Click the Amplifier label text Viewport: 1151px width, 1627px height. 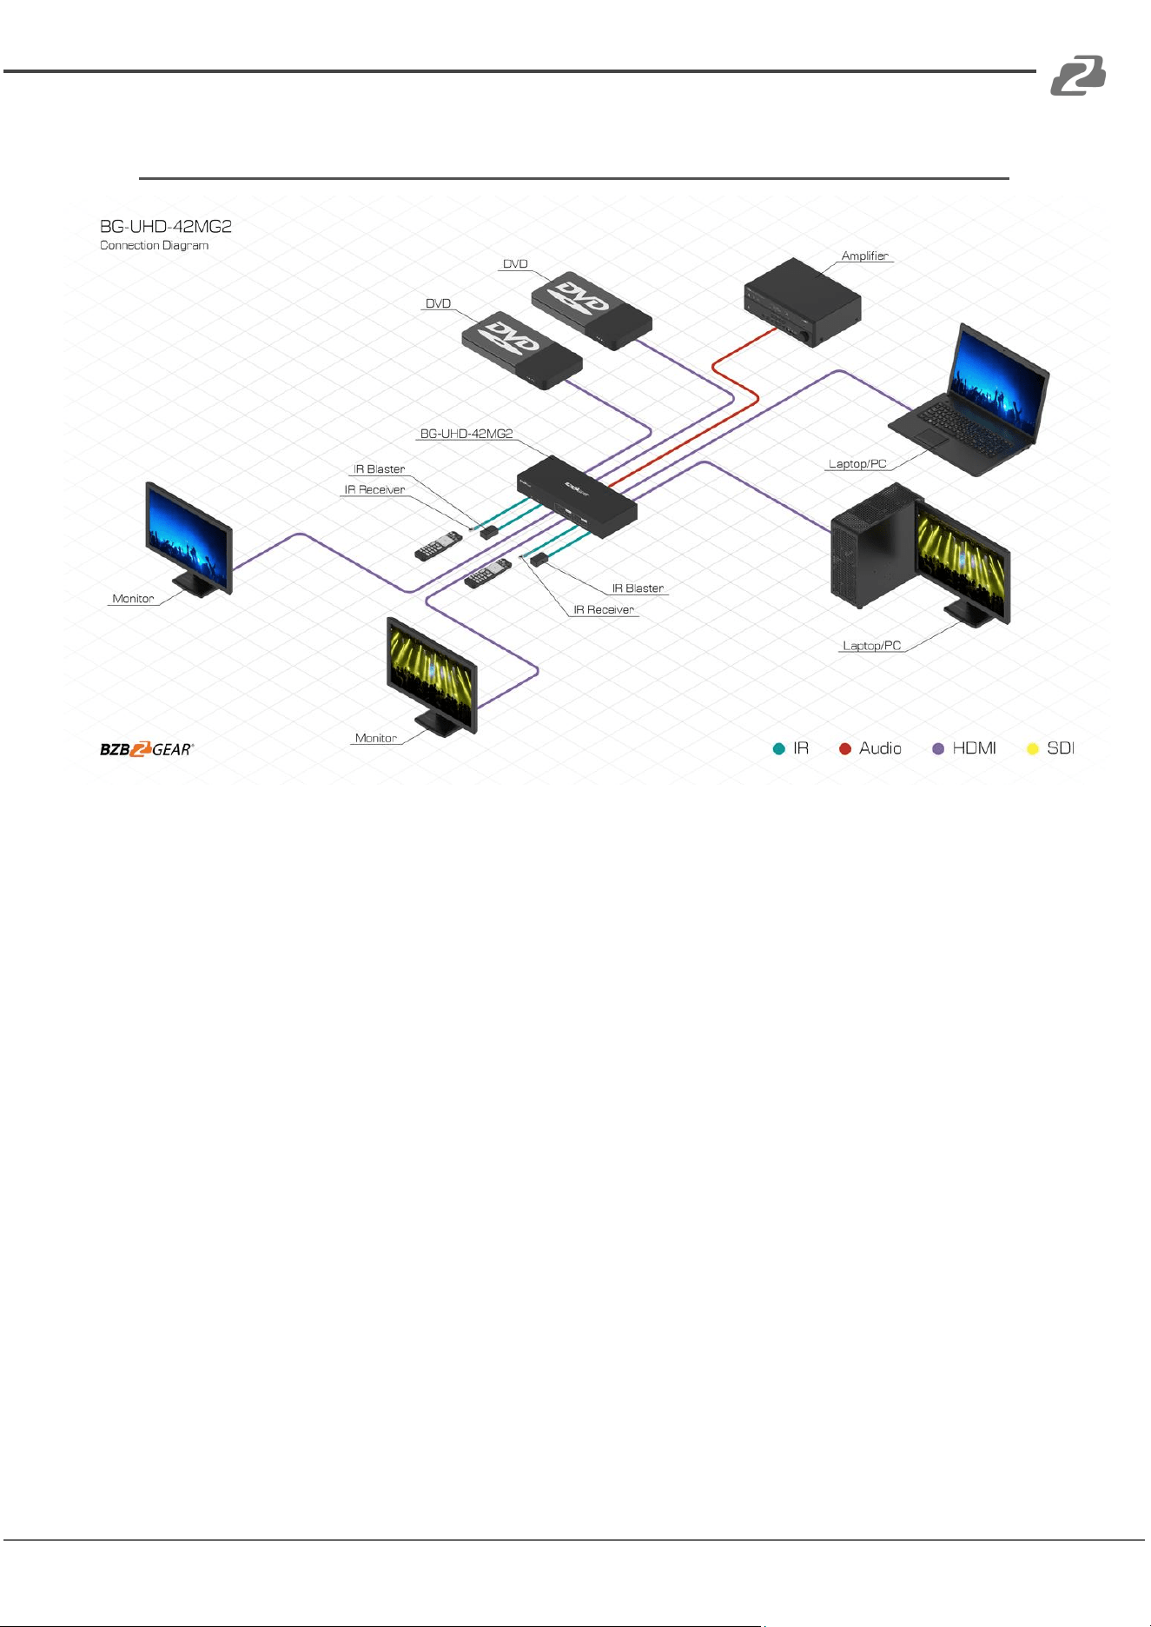[x=864, y=256]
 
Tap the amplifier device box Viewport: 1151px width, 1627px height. [x=803, y=302]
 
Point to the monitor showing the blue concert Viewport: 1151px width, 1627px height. [x=189, y=541]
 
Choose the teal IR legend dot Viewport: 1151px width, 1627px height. [x=779, y=748]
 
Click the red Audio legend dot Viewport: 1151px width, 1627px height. [x=844, y=748]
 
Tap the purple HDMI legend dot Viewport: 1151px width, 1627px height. [x=938, y=748]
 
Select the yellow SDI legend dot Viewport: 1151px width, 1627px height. [x=1033, y=748]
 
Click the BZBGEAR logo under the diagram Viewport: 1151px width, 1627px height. [x=147, y=749]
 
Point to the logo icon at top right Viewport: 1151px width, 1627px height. [x=1078, y=76]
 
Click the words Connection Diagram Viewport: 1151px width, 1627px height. [x=154, y=245]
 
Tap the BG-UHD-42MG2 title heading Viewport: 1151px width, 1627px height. [x=166, y=226]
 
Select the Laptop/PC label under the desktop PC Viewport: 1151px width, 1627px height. [x=871, y=646]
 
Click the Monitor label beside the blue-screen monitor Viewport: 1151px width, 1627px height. [x=133, y=599]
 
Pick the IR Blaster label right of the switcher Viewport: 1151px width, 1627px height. [x=638, y=588]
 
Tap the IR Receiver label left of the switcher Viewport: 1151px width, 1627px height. [x=374, y=489]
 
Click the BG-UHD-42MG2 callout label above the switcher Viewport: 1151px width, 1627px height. [x=466, y=433]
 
